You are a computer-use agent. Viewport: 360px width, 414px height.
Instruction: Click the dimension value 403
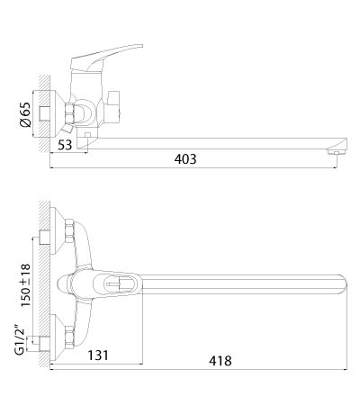(x=185, y=159)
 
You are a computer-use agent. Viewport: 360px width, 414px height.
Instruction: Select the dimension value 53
(x=65, y=145)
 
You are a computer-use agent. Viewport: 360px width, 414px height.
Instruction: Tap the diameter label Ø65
(x=26, y=115)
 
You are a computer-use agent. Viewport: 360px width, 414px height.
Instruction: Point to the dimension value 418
(x=220, y=361)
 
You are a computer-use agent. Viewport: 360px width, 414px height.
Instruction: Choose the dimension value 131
(x=98, y=355)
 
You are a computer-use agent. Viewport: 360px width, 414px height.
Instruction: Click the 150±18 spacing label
(x=25, y=285)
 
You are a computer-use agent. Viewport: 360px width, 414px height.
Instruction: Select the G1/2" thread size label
(x=20, y=339)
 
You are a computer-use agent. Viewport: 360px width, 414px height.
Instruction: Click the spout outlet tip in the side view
(x=337, y=153)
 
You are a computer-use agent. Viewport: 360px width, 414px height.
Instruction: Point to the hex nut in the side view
(x=69, y=113)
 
